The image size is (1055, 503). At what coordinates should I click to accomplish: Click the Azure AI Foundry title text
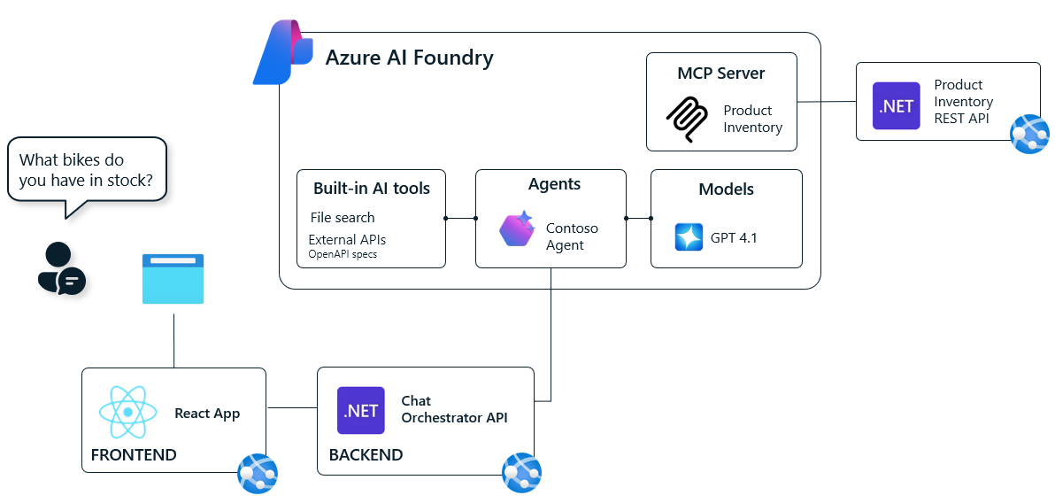[409, 58]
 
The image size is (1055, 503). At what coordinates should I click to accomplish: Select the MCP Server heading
[720, 74]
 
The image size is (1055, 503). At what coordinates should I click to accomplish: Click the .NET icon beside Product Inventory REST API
[896, 106]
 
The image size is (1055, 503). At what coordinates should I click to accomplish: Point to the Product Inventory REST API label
[963, 102]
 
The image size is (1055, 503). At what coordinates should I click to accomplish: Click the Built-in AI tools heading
[371, 189]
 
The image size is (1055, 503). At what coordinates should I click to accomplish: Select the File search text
[343, 218]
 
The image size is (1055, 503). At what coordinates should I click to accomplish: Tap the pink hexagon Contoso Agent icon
[517, 229]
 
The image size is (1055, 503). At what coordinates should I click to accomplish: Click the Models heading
[726, 190]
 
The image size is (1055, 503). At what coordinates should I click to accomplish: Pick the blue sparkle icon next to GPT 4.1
[689, 237]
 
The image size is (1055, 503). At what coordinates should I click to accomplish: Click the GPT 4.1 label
[734, 238]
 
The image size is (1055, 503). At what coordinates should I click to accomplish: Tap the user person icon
[60, 268]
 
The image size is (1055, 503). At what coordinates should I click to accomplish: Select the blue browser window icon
[173, 279]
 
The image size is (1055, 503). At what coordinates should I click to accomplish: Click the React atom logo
[128, 413]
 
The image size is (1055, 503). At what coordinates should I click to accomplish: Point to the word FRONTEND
[134, 455]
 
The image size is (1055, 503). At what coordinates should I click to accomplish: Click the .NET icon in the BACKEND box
[361, 411]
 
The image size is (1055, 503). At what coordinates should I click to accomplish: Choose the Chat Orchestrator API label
[454, 409]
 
